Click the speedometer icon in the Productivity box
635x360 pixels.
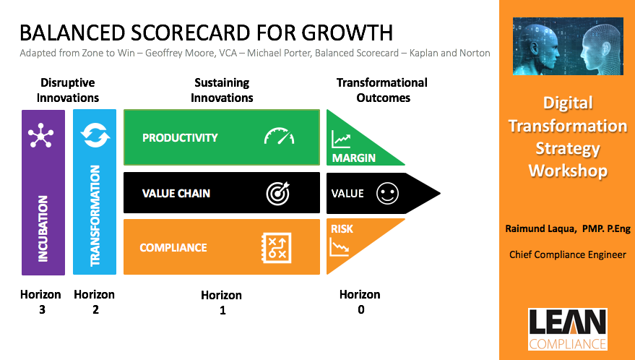click(x=279, y=137)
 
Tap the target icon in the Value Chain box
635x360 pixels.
click(x=278, y=193)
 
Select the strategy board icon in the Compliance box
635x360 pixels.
click(x=275, y=247)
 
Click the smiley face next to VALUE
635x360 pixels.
click(x=387, y=194)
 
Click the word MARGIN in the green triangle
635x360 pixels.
click(x=353, y=158)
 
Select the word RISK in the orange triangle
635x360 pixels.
click(x=342, y=229)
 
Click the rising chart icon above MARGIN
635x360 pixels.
click(x=341, y=139)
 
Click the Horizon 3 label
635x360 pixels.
click(x=41, y=301)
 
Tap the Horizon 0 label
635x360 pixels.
click(x=360, y=301)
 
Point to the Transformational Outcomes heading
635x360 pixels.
click(x=381, y=90)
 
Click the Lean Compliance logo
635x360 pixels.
click(x=567, y=330)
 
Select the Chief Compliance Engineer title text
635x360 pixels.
click(x=567, y=254)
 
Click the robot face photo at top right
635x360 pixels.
click(x=568, y=46)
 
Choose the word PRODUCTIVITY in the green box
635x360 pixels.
click(x=180, y=137)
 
